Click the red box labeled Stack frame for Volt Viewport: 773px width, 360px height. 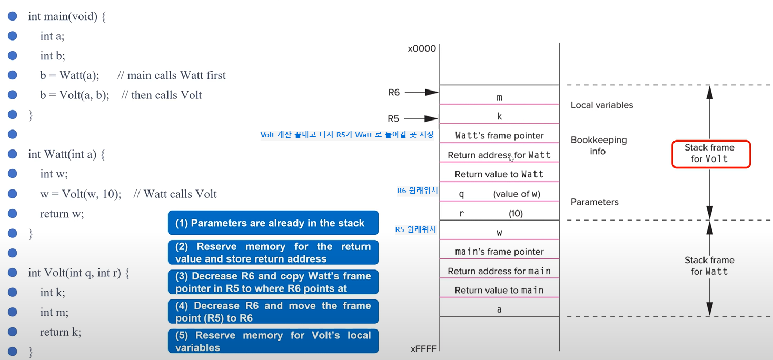tap(710, 154)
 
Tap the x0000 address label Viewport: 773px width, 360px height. tap(422, 49)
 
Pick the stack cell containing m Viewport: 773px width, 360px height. tap(499, 97)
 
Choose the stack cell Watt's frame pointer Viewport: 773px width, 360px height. tap(499, 136)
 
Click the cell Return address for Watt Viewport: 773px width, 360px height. tap(499, 155)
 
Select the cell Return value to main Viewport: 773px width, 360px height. tap(499, 290)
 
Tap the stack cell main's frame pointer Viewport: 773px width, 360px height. tap(499, 252)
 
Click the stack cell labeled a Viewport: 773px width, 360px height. tap(499, 309)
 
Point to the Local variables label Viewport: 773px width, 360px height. tap(602, 105)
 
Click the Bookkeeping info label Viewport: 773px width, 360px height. tap(598, 146)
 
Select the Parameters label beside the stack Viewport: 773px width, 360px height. tap(594, 202)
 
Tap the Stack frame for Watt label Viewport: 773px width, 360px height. tap(709, 266)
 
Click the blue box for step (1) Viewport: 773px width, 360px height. tap(273, 223)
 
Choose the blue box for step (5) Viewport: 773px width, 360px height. tap(273, 342)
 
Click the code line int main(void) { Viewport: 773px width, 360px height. tap(67, 16)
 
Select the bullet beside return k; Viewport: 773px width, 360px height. tap(13, 332)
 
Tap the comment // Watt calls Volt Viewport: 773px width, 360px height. tap(175, 194)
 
